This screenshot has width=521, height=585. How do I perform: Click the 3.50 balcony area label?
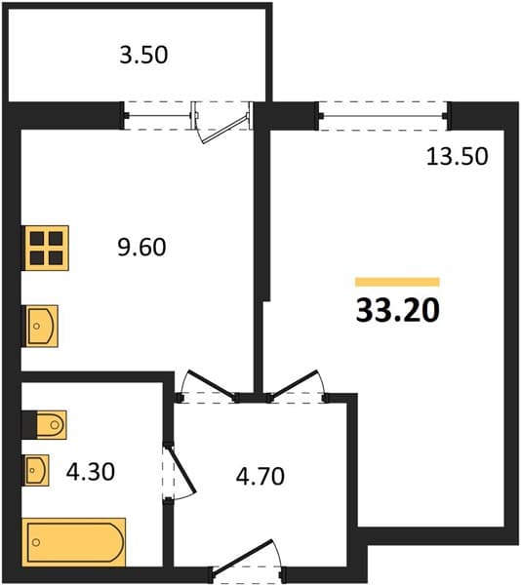143,56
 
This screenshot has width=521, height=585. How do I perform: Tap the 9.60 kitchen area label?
141,248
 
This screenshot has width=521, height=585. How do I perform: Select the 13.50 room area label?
458,156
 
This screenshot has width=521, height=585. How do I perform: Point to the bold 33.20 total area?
398,311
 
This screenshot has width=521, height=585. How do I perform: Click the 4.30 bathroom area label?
91,472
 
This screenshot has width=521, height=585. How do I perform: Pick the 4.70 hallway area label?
260,477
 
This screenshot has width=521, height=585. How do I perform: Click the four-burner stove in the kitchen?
47,248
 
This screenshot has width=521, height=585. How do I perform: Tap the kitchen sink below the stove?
42,326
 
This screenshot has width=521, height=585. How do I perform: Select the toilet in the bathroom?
52,424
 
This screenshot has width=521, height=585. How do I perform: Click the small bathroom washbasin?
36,470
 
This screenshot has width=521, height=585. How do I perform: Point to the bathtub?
74,542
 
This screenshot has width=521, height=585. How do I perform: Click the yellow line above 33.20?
397,282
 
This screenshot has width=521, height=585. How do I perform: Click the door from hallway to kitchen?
212,384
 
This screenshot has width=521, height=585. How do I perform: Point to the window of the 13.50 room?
383,116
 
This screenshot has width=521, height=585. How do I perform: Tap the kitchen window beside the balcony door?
159,116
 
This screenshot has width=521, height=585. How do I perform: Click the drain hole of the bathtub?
36,542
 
